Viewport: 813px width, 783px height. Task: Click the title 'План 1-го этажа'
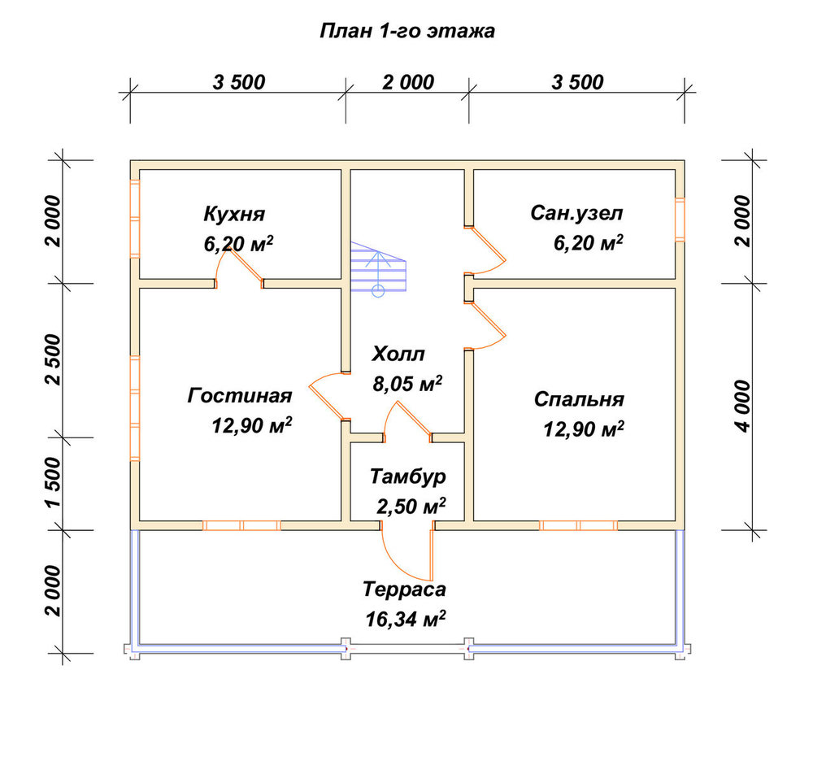[407, 31]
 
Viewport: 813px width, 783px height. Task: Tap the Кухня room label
[234, 214]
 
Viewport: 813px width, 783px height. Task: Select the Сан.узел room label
[576, 213]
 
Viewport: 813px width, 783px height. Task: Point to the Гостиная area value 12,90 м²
[252, 426]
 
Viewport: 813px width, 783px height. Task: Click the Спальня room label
[579, 399]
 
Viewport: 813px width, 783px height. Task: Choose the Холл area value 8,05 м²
[407, 384]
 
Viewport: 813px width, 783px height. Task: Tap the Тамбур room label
[408, 476]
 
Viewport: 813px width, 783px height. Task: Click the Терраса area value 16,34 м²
[406, 619]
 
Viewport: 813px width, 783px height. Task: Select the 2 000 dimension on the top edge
[408, 82]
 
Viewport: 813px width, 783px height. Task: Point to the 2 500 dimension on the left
[54, 359]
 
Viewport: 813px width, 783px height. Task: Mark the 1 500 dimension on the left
[54, 483]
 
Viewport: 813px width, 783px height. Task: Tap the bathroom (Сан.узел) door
[485, 250]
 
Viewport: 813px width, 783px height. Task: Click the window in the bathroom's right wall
[680, 220]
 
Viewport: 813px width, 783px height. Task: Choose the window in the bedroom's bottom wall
[579, 525]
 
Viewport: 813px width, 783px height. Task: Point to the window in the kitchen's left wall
[135, 219]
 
